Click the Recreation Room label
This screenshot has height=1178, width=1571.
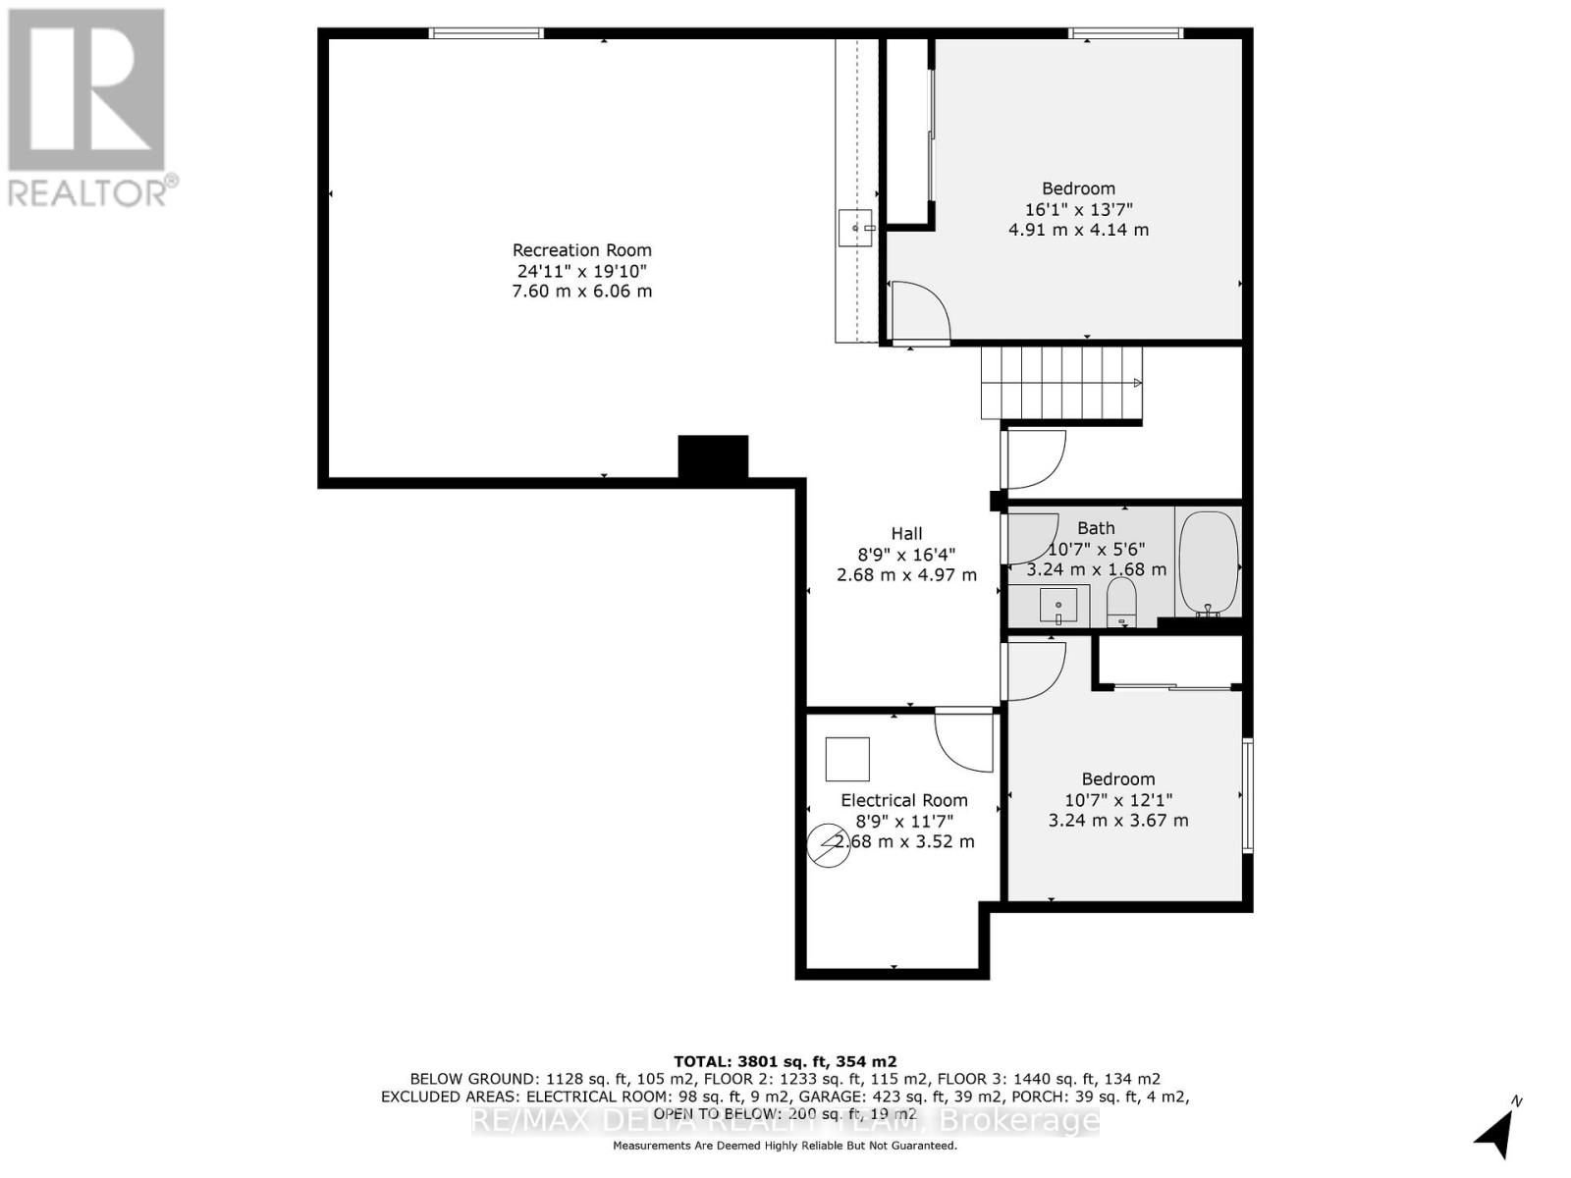tap(581, 250)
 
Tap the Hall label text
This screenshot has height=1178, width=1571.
tap(906, 534)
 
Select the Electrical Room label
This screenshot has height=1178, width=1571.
tap(903, 800)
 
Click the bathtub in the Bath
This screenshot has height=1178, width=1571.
tap(1208, 564)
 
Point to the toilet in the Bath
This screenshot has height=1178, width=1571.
tap(1121, 602)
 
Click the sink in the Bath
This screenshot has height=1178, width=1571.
tap(1057, 605)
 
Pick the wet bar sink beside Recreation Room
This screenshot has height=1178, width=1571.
tap(855, 228)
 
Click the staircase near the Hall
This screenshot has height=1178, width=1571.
tap(1060, 384)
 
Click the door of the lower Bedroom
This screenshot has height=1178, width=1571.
tap(1034, 670)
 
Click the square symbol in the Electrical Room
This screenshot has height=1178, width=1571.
tap(846, 759)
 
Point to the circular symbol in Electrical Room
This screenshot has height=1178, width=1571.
tap(828, 845)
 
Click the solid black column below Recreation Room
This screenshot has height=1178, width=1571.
tap(713, 456)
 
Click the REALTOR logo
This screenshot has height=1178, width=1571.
tap(86, 108)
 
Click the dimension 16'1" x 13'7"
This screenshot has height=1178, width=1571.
tap(1078, 209)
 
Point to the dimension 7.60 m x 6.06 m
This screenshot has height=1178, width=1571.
tap(581, 292)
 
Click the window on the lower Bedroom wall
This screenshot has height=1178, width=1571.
tap(1248, 795)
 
